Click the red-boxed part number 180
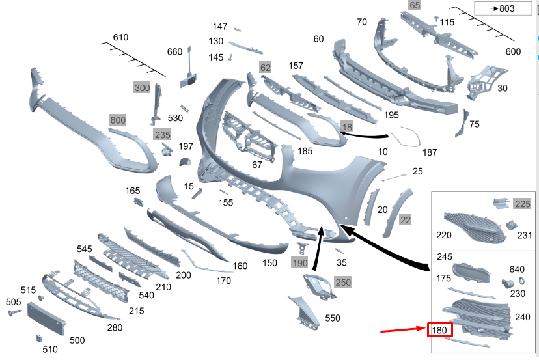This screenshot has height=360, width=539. click(x=439, y=330)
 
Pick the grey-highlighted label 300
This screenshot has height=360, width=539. click(x=141, y=87)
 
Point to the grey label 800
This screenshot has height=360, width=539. click(x=118, y=120)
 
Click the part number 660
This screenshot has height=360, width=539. click(x=174, y=52)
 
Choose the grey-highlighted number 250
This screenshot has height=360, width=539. click(x=343, y=281)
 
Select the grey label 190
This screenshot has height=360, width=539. click(x=299, y=263)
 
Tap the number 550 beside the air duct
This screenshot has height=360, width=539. click(x=332, y=318)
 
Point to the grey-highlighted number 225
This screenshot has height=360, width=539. click(x=522, y=204)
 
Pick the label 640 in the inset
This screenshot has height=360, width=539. click(x=516, y=269)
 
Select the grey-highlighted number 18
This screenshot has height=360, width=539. click(x=347, y=127)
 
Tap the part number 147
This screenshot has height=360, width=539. click(x=220, y=27)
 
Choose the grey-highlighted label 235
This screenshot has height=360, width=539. click(x=162, y=134)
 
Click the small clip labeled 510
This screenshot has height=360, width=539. click(x=38, y=339)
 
